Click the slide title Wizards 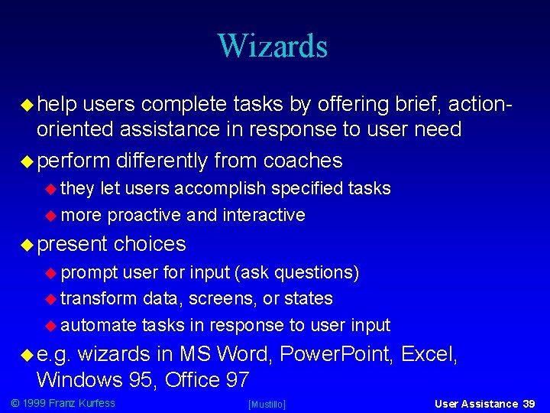pyautogui.click(x=272, y=46)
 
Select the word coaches pyautogui.click(x=302, y=161)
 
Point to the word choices pyautogui.click(x=150, y=244)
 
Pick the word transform pyautogui.click(x=99, y=298)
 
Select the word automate pyautogui.click(x=99, y=325)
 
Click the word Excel pyautogui.click(x=428, y=354)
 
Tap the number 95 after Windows pyautogui.click(x=145, y=379)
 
